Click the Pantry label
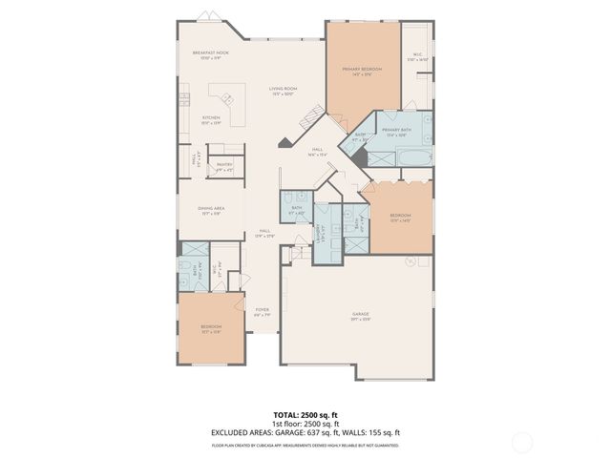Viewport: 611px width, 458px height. click(x=224, y=165)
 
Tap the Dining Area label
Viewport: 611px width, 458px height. click(x=212, y=211)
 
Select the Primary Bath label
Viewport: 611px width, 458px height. click(x=396, y=130)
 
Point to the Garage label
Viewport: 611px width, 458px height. click(x=360, y=314)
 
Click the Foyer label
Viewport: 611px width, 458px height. click(x=262, y=310)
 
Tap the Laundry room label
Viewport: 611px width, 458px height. click(x=325, y=233)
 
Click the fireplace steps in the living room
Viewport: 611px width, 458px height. click(x=306, y=120)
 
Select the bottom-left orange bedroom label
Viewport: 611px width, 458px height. click(x=210, y=328)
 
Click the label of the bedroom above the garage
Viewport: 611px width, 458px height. click(x=400, y=216)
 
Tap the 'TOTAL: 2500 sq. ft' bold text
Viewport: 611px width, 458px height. click(x=305, y=415)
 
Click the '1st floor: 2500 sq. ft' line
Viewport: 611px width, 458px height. click(x=305, y=423)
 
